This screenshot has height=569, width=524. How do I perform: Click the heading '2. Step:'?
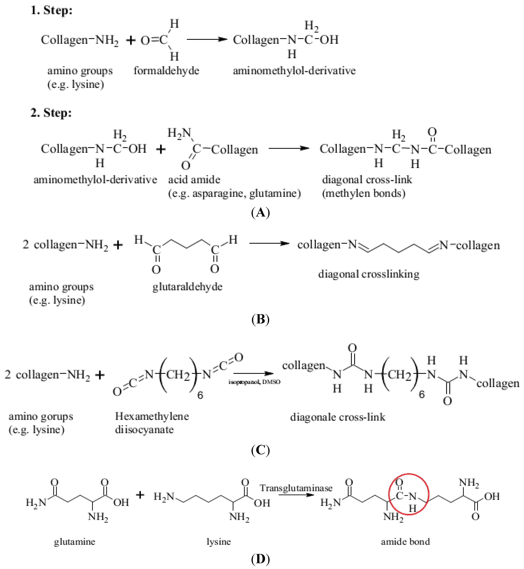(51, 113)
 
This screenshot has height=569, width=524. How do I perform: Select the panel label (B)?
(260, 320)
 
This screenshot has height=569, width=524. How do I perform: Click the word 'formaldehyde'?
(166, 71)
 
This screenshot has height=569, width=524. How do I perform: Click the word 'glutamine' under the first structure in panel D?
(75, 541)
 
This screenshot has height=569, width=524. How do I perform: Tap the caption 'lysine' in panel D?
(219, 541)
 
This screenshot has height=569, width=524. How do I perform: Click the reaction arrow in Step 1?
(207, 40)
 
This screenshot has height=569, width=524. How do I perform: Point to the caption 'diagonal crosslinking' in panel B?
(369, 274)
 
